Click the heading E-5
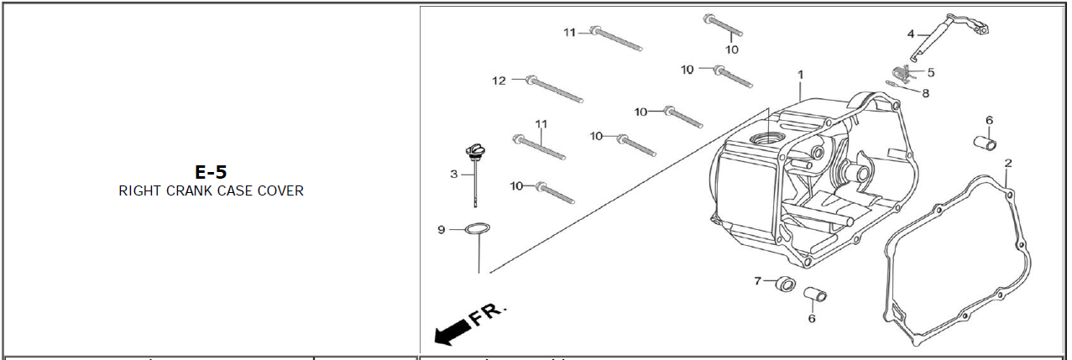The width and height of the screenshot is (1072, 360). [x=211, y=172]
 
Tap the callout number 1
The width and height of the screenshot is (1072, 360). [x=801, y=74]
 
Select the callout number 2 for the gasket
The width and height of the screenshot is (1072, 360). [x=1008, y=162]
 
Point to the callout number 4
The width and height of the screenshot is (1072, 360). [x=911, y=34]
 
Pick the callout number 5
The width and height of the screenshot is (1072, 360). [x=931, y=72]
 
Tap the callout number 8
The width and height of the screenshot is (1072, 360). [x=926, y=93]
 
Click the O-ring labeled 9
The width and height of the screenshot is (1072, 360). [x=478, y=228]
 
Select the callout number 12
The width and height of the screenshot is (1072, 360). [x=499, y=81]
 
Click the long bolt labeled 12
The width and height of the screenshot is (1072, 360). [x=554, y=90]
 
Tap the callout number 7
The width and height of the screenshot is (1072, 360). [x=757, y=280]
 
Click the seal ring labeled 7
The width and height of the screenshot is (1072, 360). [x=784, y=284]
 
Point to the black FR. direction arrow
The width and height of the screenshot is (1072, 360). [x=451, y=332]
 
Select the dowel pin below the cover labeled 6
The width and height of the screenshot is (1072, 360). [x=815, y=295]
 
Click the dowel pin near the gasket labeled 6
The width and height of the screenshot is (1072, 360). [x=984, y=141]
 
